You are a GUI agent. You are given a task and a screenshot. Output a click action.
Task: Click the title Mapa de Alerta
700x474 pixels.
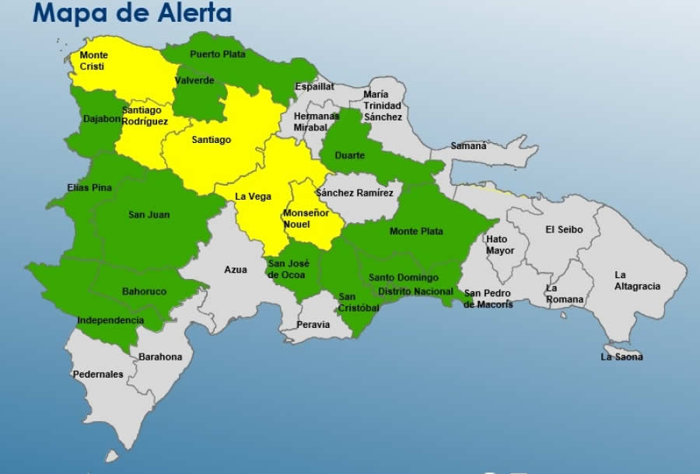click(132, 13)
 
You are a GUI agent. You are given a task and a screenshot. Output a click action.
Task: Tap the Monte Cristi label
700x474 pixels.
click(94, 61)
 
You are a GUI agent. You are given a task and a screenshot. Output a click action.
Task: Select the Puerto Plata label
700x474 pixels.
click(217, 54)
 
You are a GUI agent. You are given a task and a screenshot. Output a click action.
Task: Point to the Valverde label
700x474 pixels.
click(194, 80)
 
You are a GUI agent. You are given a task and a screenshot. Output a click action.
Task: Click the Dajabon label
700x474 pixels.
click(103, 119)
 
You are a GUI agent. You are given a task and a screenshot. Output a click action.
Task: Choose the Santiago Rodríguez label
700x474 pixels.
click(145, 116)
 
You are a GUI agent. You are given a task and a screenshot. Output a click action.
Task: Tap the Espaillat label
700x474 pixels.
click(314, 87)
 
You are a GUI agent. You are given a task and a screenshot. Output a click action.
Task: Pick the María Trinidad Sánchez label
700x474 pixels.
click(383, 106)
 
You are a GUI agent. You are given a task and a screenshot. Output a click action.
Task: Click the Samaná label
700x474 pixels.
click(468, 145)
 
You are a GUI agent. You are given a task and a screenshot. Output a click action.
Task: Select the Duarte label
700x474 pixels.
click(349, 155)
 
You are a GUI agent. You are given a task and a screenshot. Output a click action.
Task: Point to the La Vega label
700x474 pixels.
click(254, 197)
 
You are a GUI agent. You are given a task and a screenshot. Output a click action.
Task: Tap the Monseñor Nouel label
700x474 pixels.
click(301, 218)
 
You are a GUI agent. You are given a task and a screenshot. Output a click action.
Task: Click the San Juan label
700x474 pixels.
click(149, 214)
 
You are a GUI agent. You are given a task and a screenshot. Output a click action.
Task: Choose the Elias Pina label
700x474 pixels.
click(89, 188)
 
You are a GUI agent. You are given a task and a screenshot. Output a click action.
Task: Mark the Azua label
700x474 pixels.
click(236, 270)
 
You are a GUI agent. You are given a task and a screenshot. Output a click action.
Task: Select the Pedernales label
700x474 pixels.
click(98, 374)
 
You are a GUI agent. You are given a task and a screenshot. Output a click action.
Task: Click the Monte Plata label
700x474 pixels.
click(416, 231)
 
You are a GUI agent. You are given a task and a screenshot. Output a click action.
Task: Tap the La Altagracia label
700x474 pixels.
click(637, 281)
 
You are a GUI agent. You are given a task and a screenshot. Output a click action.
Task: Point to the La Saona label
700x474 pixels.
click(621, 357)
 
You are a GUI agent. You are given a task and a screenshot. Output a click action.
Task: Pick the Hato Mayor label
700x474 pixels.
click(500, 245)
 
